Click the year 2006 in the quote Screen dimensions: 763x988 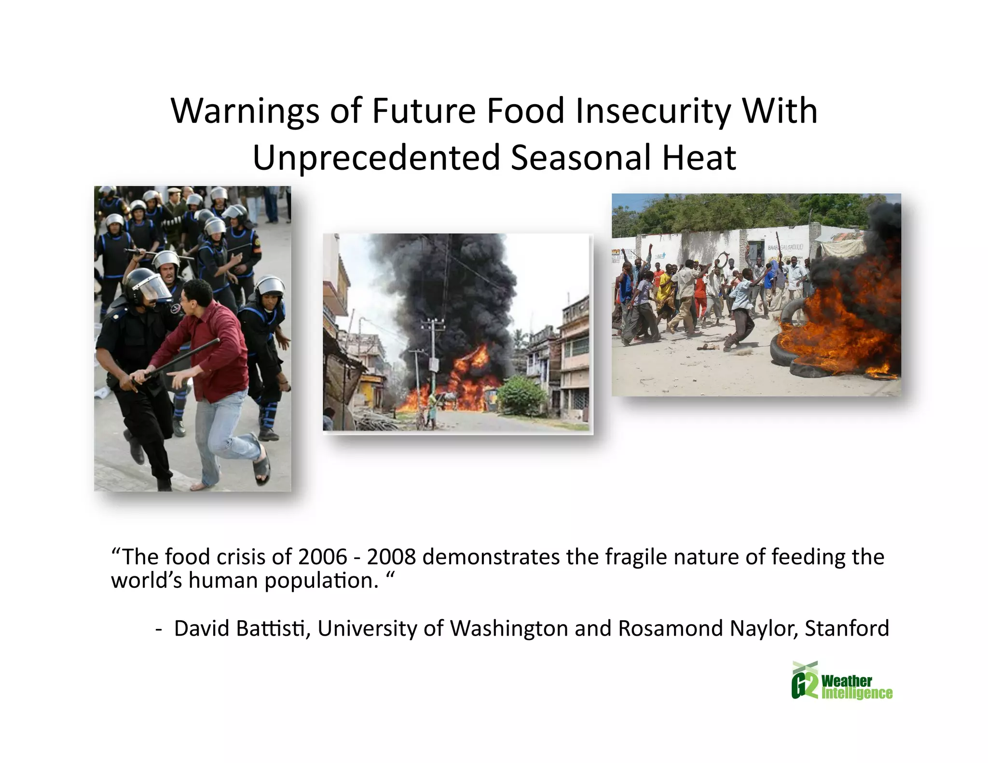point(322,558)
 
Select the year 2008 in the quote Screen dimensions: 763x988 point(391,558)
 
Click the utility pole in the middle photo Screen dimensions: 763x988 point(433,352)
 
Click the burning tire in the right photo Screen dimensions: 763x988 point(791,357)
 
